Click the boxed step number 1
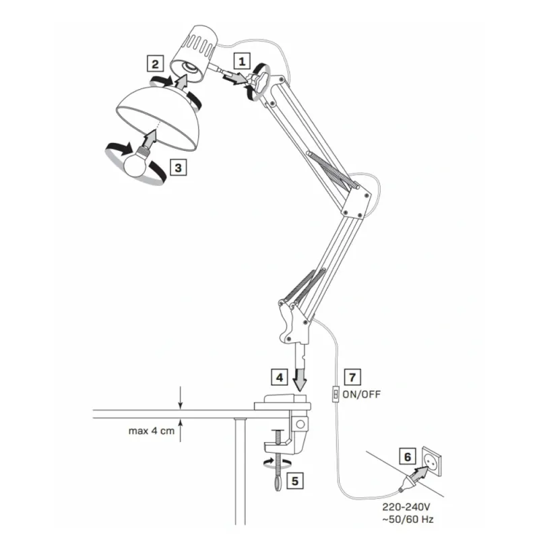[242, 61]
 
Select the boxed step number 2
[156, 63]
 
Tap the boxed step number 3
[178, 167]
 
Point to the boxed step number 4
[280, 377]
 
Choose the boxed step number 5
[294, 481]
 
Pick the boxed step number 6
[408, 457]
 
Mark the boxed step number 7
[352, 377]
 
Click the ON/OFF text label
[362, 394]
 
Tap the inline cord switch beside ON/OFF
[336, 394]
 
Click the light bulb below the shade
[136, 162]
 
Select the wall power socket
[432, 462]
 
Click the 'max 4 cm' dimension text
[152, 431]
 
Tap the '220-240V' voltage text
[406, 507]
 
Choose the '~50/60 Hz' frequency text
[408, 519]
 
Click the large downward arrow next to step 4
[300, 380]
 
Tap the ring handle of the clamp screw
[278, 484]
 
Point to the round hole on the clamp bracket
[300, 424]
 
